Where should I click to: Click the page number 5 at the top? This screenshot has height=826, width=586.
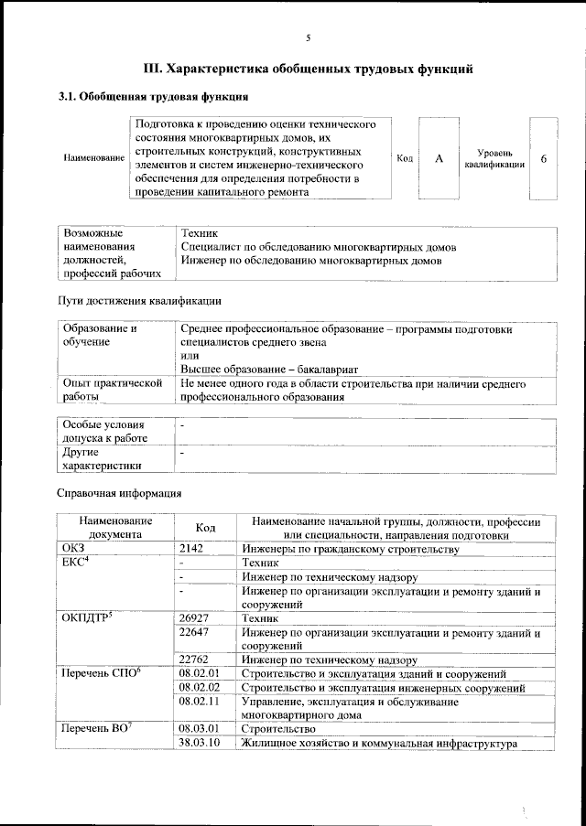tap(309, 38)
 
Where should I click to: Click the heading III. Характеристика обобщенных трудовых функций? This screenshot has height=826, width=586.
tap(309, 69)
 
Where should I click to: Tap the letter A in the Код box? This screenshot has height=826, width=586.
tap(439, 158)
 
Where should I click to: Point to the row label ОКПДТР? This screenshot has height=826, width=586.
tap(86, 619)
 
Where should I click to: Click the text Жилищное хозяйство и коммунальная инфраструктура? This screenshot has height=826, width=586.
tap(373, 743)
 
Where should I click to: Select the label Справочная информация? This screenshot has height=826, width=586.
tap(119, 494)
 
